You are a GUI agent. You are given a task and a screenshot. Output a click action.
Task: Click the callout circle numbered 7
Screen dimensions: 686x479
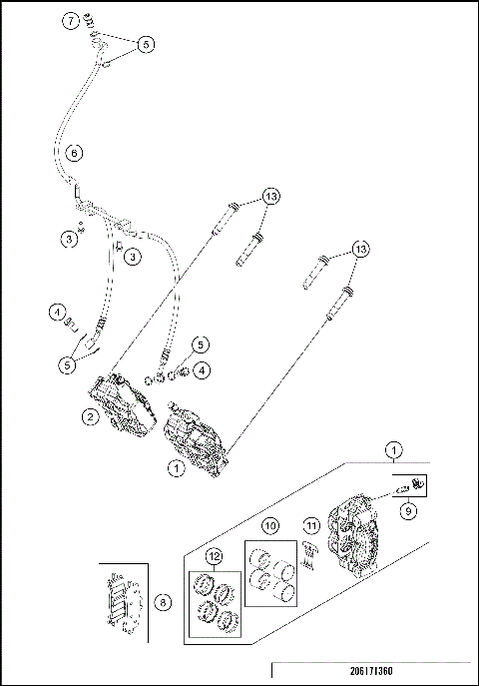pos(70,20)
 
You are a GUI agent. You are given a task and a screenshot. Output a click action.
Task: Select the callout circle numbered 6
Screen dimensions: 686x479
pos(74,154)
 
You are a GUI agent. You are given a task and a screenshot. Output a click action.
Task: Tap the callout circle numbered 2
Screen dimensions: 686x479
pos(90,418)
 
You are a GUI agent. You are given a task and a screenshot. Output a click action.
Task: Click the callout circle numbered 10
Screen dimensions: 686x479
pos(269,525)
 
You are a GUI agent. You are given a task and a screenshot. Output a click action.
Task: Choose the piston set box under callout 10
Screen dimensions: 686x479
pos(270,575)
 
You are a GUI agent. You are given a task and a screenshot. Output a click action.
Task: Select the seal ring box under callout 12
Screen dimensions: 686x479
pos(215,603)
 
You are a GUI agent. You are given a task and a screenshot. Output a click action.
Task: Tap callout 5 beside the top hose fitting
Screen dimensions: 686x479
pos(147,44)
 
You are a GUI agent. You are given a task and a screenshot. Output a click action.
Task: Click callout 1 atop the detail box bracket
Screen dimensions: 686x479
pos(396,450)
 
